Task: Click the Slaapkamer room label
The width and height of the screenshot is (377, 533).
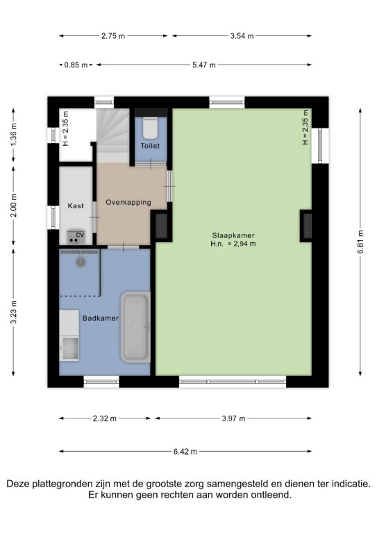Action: (233, 235)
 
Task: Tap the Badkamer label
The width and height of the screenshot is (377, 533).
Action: (101, 318)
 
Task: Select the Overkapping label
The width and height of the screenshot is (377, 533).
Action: (128, 202)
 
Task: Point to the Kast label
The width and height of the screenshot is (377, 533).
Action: (76, 205)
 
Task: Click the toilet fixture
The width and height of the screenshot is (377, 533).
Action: (150, 128)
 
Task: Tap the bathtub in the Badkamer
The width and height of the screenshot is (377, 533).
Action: (135, 327)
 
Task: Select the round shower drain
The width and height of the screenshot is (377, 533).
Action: (81, 262)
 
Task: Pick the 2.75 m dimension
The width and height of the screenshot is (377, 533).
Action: (113, 35)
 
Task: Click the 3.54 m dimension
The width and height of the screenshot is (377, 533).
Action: (242, 35)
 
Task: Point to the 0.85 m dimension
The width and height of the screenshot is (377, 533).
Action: (76, 65)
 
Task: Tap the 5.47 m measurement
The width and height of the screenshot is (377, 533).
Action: (204, 65)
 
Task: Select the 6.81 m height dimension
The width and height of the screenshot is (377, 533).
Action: (360, 242)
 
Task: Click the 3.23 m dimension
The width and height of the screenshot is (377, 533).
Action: (13, 312)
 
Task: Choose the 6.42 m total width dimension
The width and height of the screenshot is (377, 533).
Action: (185, 451)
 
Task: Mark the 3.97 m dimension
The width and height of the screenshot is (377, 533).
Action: (233, 418)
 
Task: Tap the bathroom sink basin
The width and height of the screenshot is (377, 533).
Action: (69, 348)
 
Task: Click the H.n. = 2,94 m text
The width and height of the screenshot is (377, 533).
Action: (233, 244)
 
